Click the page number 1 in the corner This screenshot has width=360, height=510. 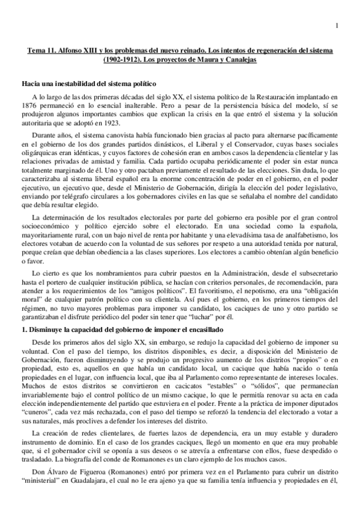337,25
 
